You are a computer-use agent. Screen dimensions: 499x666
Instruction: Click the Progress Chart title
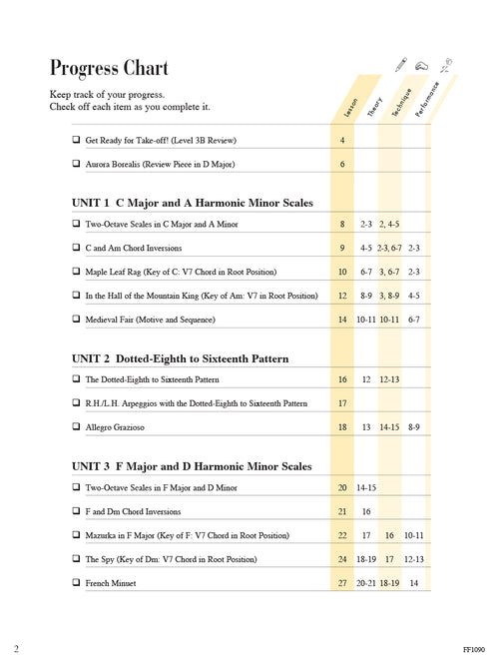(x=109, y=68)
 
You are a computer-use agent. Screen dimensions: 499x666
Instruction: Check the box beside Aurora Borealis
(x=76, y=164)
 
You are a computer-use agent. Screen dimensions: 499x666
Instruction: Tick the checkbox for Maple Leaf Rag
(x=76, y=272)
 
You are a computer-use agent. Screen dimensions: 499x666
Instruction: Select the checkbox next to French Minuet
(x=76, y=583)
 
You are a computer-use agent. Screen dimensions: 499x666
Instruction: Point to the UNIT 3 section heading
(x=192, y=466)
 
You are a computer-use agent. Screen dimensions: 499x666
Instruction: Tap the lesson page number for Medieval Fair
(x=342, y=320)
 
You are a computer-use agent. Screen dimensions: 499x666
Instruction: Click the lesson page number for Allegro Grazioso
(x=342, y=427)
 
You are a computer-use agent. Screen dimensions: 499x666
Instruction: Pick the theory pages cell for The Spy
(x=366, y=559)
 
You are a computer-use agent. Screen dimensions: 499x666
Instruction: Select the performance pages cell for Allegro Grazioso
(x=413, y=427)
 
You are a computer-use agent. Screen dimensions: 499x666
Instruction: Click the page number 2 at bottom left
(x=17, y=647)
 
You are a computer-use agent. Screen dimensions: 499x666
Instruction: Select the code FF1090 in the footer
(x=475, y=647)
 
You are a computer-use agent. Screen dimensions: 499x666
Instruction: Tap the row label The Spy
(x=171, y=559)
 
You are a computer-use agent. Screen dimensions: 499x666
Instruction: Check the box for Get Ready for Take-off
(x=76, y=140)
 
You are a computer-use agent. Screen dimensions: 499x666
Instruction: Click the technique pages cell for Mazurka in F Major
(x=389, y=535)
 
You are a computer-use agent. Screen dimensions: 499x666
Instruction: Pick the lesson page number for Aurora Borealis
(x=342, y=164)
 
